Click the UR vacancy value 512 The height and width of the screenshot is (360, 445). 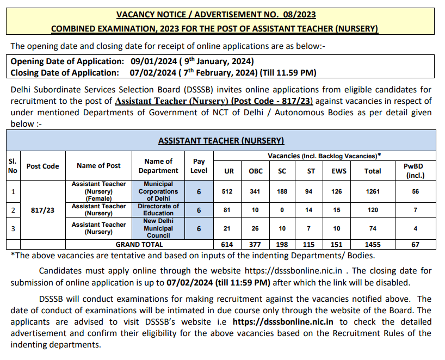point(230,191)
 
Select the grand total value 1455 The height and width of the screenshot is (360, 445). point(373,245)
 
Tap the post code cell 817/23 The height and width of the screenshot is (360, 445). point(42,210)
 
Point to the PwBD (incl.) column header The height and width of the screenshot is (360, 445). point(415,170)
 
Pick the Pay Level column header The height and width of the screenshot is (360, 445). point(199,166)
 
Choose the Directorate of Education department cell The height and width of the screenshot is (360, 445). point(158,210)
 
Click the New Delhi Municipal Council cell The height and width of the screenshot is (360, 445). point(158,228)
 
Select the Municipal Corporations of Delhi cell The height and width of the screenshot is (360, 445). point(158,191)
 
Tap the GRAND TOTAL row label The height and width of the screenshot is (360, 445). point(139,245)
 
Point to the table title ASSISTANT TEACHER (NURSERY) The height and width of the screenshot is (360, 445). point(221,141)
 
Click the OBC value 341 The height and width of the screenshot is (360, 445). point(255,191)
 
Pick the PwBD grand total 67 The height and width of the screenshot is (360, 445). point(415,245)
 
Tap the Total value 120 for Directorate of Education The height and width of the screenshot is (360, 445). point(373,210)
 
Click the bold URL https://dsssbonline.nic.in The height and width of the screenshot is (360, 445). point(279,322)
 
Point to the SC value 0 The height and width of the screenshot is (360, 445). point(282,210)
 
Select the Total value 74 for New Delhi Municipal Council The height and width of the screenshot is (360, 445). point(373,228)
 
